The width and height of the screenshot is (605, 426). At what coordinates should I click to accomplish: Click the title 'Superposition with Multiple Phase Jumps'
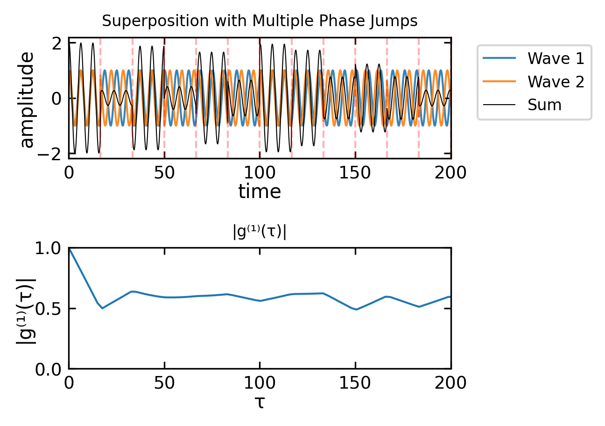click(x=260, y=21)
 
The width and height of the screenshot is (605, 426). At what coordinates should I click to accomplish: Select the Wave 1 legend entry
click(x=534, y=58)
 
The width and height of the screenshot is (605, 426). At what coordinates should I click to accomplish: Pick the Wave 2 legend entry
click(x=534, y=81)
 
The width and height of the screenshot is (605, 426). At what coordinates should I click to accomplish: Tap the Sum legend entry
click(x=522, y=105)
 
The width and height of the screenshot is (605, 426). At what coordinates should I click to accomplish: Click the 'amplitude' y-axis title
click(x=27, y=100)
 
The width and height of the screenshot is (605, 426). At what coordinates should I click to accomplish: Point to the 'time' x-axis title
click(x=260, y=192)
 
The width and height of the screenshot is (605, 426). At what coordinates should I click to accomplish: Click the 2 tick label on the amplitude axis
click(x=57, y=43)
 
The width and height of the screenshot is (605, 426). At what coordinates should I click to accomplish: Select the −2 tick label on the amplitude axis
click(x=49, y=154)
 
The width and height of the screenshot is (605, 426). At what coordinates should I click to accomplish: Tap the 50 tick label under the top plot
click(x=164, y=173)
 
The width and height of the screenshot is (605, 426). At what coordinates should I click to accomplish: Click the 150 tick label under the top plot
click(x=355, y=173)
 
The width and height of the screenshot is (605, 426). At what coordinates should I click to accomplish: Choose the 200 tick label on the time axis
click(x=450, y=173)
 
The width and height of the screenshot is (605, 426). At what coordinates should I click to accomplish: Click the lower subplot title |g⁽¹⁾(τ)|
click(x=260, y=232)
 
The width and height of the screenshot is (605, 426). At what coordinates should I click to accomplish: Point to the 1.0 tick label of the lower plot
click(x=49, y=248)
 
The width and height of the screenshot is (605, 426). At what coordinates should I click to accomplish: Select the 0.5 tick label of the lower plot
click(x=49, y=309)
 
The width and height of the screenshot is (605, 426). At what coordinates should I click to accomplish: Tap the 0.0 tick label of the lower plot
click(x=49, y=369)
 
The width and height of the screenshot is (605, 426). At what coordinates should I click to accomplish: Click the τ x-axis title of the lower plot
click(x=260, y=403)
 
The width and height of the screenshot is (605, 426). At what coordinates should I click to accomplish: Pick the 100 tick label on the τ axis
click(x=260, y=383)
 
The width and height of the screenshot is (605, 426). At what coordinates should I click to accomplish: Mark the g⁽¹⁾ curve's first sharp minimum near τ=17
click(x=102, y=308)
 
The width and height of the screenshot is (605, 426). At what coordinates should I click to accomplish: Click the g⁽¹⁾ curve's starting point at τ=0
click(x=69, y=248)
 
